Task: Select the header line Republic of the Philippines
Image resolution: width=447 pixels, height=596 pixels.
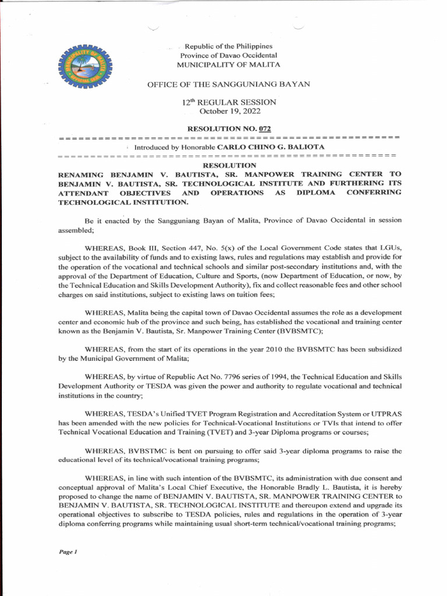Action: click(x=229, y=46)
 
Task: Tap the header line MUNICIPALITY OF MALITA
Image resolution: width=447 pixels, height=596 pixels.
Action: click(x=229, y=64)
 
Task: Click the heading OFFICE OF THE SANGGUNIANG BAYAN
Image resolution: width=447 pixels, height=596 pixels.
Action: click(x=229, y=84)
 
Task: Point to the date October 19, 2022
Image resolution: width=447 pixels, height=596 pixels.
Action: click(x=229, y=111)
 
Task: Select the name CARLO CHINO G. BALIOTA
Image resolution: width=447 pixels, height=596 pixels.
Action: click(x=271, y=147)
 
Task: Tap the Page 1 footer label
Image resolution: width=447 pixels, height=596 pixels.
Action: click(x=68, y=552)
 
